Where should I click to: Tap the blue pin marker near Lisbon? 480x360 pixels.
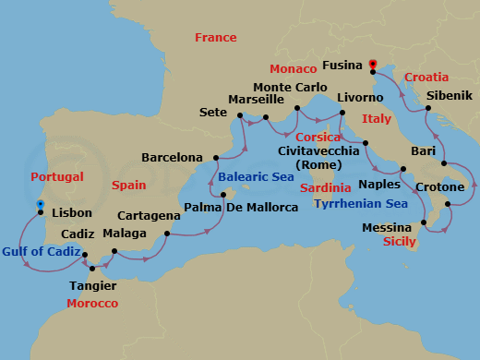pyautogui.click(x=40, y=206)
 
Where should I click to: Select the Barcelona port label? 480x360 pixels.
pyautogui.click(x=172, y=157)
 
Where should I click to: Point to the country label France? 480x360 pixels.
pyautogui.click(x=215, y=38)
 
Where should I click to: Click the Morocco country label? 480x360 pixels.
pyautogui.click(x=94, y=303)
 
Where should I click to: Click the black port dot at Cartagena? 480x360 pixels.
pyautogui.click(x=166, y=234)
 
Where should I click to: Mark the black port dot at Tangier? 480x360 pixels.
pyautogui.click(x=91, y=269)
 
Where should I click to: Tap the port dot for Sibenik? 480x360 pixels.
pyautogui.click(x=430, y=111)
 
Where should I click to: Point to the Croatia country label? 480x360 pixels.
pyautogui.click(x=426, y=78)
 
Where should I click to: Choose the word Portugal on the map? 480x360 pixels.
pyautogui.click(x=57, y=177)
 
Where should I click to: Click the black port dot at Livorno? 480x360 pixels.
pyautogui.click(x=342, y=113)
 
